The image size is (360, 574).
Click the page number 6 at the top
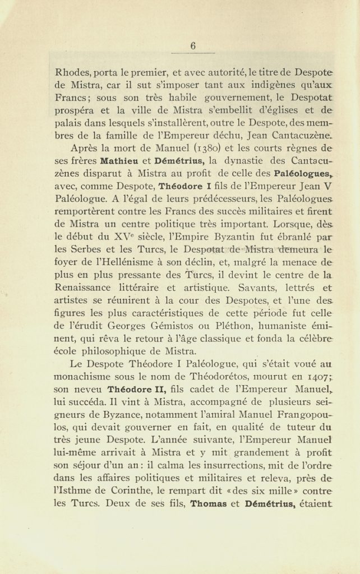coord(192,47)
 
